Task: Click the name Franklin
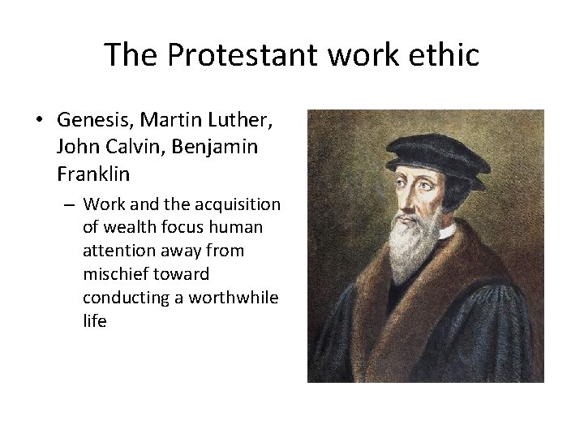93,174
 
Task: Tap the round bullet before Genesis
39,121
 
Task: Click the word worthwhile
234,298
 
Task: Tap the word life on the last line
94,321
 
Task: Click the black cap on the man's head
438,152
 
